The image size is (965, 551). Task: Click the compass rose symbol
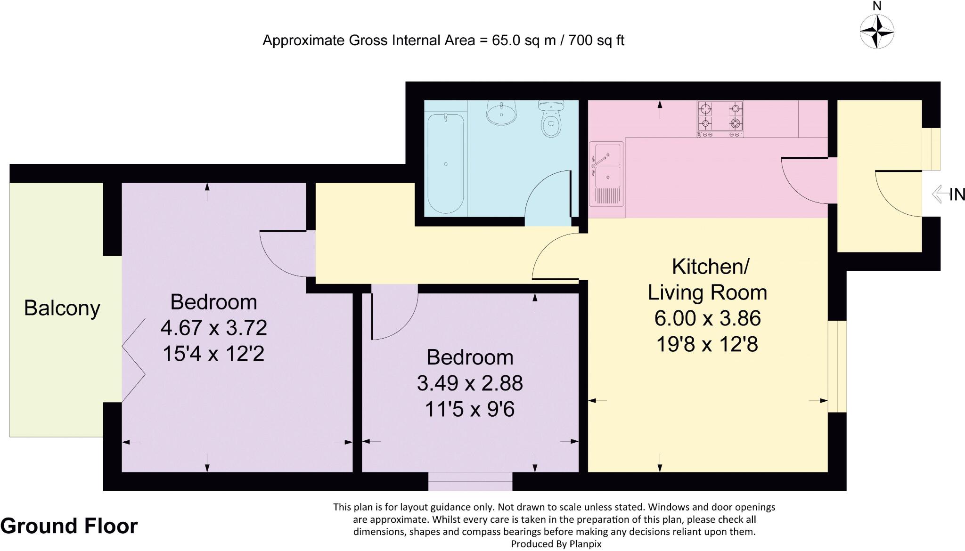tap(877, 32)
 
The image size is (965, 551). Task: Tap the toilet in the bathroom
tap(551, 120)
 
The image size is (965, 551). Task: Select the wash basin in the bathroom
tap(501, 113)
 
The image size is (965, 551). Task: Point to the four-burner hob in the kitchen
tap(720, 119)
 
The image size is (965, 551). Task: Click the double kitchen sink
tap(607, 173)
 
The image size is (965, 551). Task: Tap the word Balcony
tap(62, 308)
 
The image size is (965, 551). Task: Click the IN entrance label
tap(957, 194)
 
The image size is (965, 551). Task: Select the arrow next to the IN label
tap(940, 194)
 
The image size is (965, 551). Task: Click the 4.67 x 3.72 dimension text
tap(213, 328)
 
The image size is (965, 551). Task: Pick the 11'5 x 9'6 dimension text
tap(470, 409)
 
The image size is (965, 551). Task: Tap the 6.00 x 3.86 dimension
tap(707, 319)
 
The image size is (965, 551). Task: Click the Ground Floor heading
tap(69, 526)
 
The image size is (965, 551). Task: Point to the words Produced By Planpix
tap(556, 544)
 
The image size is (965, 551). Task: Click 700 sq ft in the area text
tap(596, 41)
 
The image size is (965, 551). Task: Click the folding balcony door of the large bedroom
tap(133, 360)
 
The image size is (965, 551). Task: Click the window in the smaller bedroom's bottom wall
tap(470, 481)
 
